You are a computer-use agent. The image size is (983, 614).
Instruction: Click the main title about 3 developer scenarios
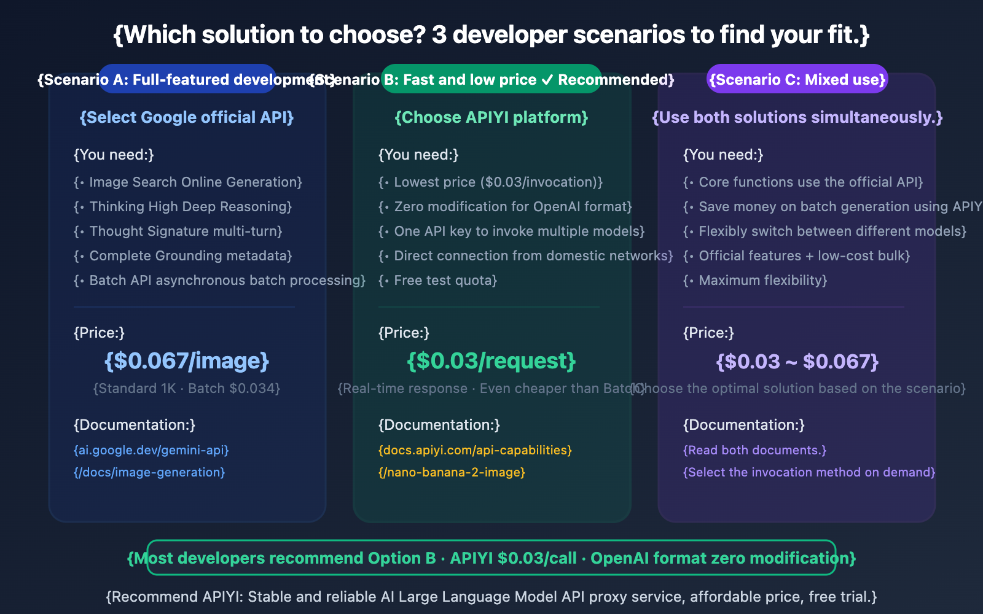point(491,35)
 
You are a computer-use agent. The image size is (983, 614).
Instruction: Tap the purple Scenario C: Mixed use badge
point(797,79)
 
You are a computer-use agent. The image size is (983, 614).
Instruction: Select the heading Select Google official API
point(187,117)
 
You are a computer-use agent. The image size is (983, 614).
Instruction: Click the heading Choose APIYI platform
point(491,117)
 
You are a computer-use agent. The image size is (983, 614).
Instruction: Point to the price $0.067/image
point(187,361)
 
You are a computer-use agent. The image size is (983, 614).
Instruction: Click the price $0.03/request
point(491,361)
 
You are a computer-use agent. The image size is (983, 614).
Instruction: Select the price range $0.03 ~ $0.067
point(797,361)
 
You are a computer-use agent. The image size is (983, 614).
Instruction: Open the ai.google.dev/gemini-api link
point(151,450)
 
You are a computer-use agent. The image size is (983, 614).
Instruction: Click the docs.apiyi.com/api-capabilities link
point(475,450)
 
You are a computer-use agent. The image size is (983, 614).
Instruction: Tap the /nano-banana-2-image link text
point(452,472)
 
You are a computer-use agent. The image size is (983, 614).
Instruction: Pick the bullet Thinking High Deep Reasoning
point(183,207)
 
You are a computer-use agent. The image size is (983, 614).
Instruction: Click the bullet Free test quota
point(438,281)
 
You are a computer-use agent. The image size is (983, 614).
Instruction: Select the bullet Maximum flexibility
point(755,281)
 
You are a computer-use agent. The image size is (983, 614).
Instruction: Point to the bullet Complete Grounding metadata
point(183,256)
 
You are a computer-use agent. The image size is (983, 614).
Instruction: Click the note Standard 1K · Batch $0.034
point(187,389)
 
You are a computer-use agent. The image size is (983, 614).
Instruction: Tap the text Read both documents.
point(755,450)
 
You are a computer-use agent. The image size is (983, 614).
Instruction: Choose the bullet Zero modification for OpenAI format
point(505,207)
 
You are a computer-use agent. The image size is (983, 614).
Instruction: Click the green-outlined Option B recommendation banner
point(491,558)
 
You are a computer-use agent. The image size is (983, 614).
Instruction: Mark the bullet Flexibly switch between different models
point(824,231)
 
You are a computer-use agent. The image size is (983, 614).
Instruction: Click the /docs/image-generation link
point(149,472)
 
